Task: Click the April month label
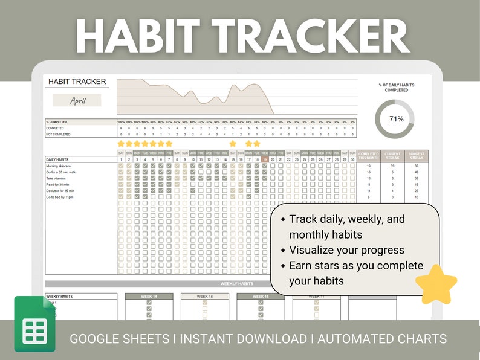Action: pos(78,101)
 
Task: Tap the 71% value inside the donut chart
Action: pos(396,119)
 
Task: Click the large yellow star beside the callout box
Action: pos(436,284)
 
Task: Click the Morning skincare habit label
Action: pos(59,165)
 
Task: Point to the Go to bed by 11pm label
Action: pos(61,198)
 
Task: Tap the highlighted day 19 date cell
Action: pos(265,159)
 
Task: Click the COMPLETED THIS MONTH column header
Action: pos(369,156)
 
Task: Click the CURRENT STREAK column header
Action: pos(392,156)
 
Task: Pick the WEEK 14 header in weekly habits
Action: pos(149,297)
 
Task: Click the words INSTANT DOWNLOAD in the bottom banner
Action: pos(241,339)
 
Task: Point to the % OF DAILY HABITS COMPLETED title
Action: pos(396,88)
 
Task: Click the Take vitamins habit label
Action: pos(57,178)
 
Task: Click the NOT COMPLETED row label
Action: pos(59,134)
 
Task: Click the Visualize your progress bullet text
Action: pos(346,250)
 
